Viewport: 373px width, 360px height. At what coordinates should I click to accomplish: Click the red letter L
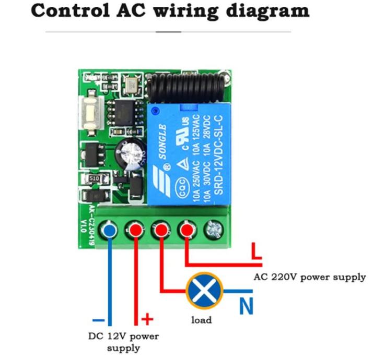(256, 251)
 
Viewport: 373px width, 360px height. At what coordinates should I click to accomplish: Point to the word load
(201, 320)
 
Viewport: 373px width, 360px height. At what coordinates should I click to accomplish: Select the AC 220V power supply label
(310, 277)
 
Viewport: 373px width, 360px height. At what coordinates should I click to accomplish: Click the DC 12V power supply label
(123, 341)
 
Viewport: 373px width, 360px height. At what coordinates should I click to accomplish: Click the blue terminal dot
(109, 230)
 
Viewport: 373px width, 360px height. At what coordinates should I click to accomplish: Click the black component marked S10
(94, 179)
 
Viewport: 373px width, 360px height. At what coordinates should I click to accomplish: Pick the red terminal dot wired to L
(187, 230)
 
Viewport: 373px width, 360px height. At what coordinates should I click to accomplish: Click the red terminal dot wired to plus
(135, 230)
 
